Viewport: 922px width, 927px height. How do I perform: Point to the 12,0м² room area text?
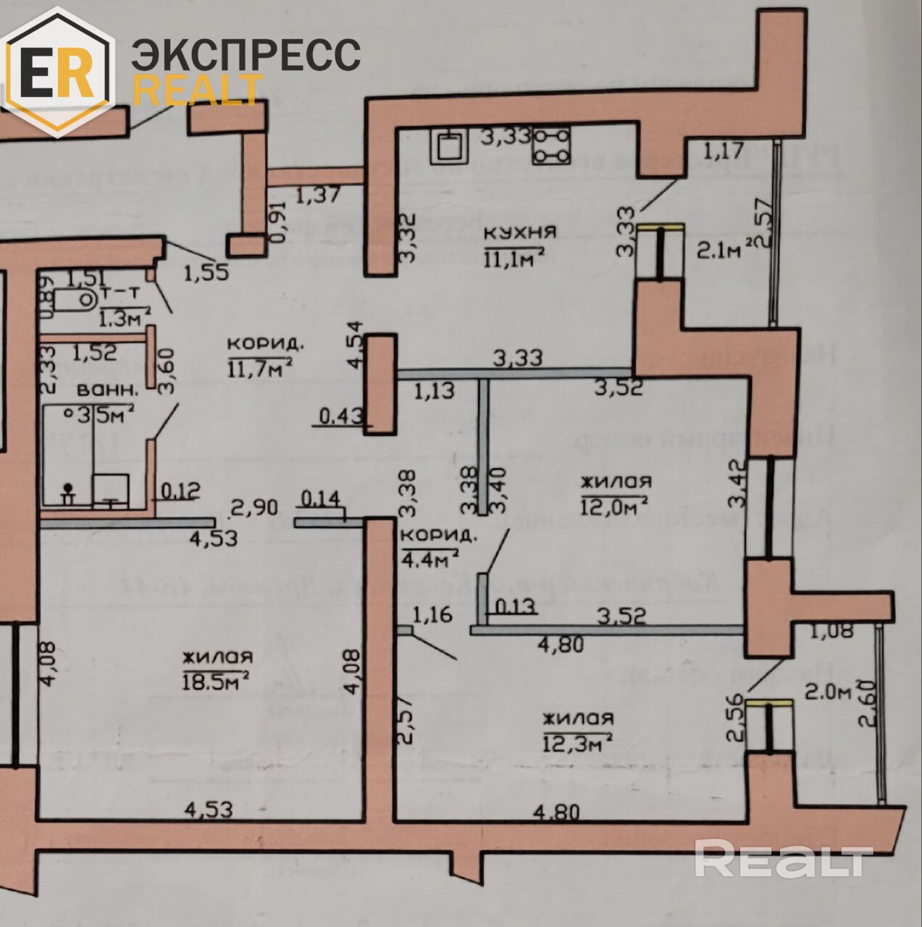615,505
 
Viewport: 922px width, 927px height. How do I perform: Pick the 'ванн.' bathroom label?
107,389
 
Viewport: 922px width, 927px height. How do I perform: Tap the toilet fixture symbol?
76,298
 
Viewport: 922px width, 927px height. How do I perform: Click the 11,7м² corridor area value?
260,367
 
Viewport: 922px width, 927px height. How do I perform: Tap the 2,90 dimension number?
253,506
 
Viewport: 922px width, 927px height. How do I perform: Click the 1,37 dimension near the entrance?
319,194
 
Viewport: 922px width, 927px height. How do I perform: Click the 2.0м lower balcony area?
827,692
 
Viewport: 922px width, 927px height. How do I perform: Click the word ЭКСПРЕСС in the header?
246,54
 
